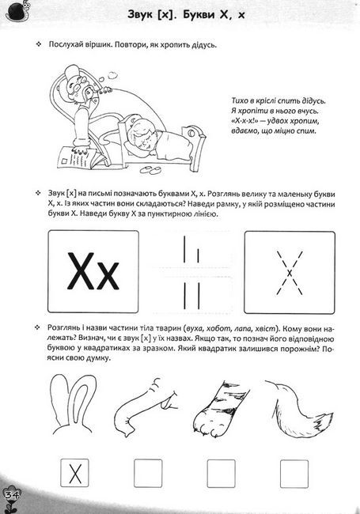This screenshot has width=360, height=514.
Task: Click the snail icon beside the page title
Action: [x=17, y=12]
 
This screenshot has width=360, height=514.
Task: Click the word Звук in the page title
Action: [x=139, y=15]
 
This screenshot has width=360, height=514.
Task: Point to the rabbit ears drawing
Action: [x=72, y=404]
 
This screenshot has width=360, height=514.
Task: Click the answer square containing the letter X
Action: [x=74, y=473]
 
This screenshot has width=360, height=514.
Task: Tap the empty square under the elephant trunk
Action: [x=148, y=474]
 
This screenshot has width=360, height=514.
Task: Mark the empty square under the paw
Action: [x=222, y=474]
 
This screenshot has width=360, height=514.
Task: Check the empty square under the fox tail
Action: [x=294, y=474]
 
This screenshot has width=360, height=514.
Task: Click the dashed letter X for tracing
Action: [x=289, y=273]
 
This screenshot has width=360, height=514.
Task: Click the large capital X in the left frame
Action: [x=81, y=270]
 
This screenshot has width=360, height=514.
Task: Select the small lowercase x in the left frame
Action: [x=108, y=276]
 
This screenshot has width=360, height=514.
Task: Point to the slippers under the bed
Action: [x=150, y=169]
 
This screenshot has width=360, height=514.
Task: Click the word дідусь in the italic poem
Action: [x=312, y=101]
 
